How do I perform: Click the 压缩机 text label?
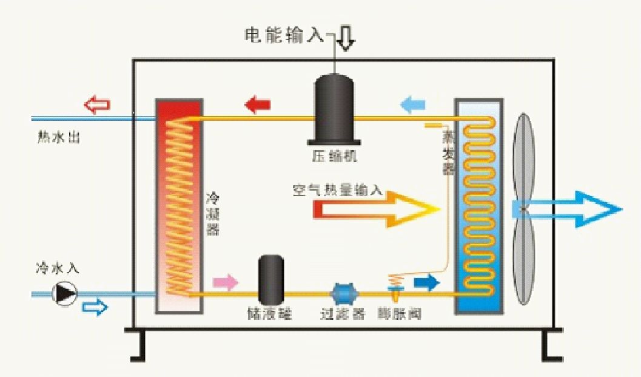335,157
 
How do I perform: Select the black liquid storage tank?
271,279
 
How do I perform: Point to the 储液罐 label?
270,314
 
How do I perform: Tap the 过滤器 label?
343,314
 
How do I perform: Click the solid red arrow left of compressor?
258,104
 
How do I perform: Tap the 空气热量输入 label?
337,190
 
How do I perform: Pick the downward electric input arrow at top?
347,38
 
